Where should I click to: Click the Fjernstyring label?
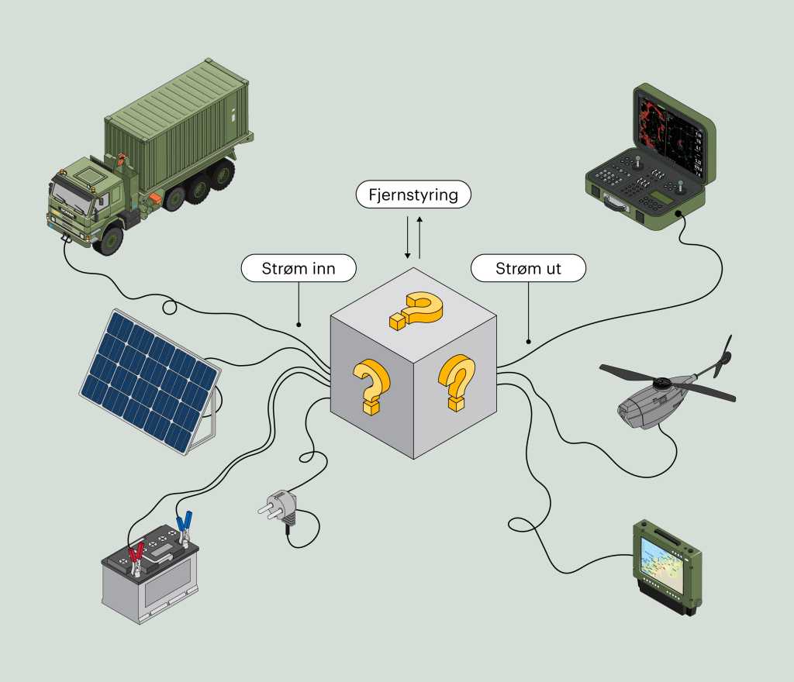413,195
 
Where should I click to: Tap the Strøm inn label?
299,268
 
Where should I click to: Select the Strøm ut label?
528,268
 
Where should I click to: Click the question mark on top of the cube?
416,310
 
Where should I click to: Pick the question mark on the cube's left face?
372,386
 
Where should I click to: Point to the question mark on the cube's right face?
457,382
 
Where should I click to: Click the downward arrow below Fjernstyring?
407,237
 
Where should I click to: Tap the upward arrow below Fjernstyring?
419,237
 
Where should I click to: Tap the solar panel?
150,381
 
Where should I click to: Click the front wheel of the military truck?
109,240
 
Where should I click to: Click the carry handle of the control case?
613,203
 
